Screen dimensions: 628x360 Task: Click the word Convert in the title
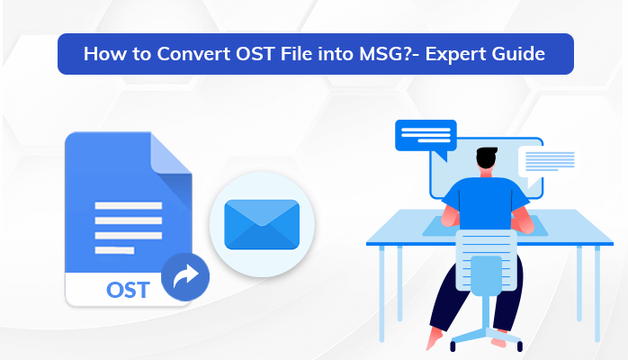tap(193, 54)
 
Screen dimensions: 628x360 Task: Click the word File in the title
tap(296, 54)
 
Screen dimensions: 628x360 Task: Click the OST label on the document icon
tap(128, 290)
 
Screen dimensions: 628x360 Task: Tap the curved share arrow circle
tap(185, 276)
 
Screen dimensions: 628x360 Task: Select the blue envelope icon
tap(262, 224)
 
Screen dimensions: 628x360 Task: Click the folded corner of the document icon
tap(171, 153)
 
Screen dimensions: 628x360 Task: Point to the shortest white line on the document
tap(114, 250)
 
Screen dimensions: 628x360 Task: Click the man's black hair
tap(487, 157)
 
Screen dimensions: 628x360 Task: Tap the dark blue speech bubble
tap(426, 139)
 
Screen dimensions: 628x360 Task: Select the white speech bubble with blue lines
tap(547, 165)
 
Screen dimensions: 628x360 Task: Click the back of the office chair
tap(486, 260)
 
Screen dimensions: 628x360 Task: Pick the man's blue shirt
tap(486, 203)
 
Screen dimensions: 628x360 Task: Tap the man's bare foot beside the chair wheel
tap(434, 338)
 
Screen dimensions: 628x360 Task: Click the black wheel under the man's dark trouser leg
tap(453, 346)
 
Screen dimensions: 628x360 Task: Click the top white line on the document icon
tap(128, 206)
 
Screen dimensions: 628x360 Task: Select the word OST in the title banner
tap(255, 54)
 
